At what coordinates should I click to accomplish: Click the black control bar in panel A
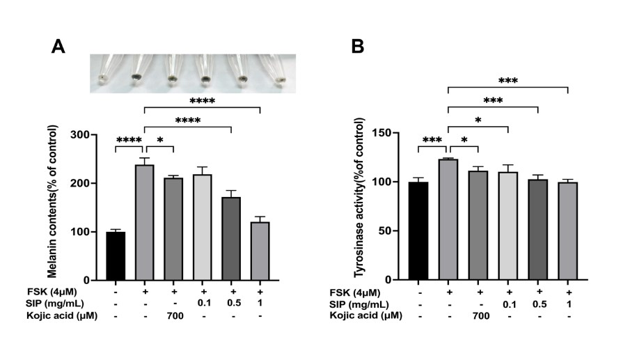coord(116,256)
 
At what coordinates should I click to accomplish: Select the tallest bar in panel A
coord(144,222)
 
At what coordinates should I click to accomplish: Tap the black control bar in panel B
coord(418,230)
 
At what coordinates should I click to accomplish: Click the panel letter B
coord(358,47)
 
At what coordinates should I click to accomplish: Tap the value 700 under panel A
coord(174,315)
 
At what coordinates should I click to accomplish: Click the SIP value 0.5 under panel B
coord(538,304)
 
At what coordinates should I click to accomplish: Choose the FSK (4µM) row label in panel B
coord(358,292)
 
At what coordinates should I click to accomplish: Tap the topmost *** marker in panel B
coord(508,81)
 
